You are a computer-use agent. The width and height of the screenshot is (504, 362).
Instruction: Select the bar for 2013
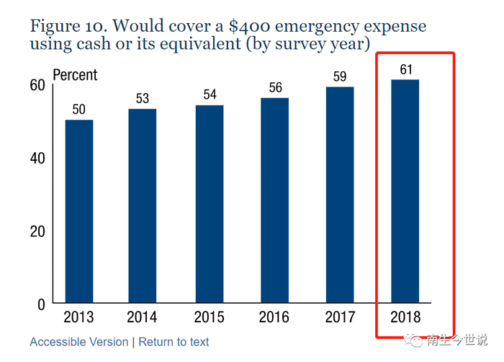coord(79,211)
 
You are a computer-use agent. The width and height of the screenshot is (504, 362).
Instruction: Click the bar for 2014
coord(143,206)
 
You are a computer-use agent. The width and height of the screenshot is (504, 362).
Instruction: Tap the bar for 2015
coord(210,204)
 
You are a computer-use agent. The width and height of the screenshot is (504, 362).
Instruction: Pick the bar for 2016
coord(274,200)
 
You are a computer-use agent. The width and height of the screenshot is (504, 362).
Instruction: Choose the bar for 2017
coord(340,195)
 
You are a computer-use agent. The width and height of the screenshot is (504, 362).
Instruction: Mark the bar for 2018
coord(405,191)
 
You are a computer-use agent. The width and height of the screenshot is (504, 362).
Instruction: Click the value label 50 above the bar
coord(79,110)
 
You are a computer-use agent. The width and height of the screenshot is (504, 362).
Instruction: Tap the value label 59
coord(340,76)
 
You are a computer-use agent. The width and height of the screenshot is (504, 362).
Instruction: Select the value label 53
coord(143,99)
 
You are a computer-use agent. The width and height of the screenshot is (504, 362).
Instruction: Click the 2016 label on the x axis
coord(274,317)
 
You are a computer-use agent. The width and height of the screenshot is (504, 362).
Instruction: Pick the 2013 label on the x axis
coord(79,317)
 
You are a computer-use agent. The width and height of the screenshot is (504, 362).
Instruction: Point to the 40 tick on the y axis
coord(37,158)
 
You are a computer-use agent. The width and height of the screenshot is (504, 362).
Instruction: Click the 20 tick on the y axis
coord(37,231)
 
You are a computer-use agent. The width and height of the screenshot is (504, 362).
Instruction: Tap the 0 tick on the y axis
coord(41,304)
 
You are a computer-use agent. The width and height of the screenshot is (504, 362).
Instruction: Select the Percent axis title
coord(75,75)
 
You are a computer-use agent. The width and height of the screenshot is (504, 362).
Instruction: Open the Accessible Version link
coord(78,342)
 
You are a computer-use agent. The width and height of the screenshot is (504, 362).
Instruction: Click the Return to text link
coord(174,342)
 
